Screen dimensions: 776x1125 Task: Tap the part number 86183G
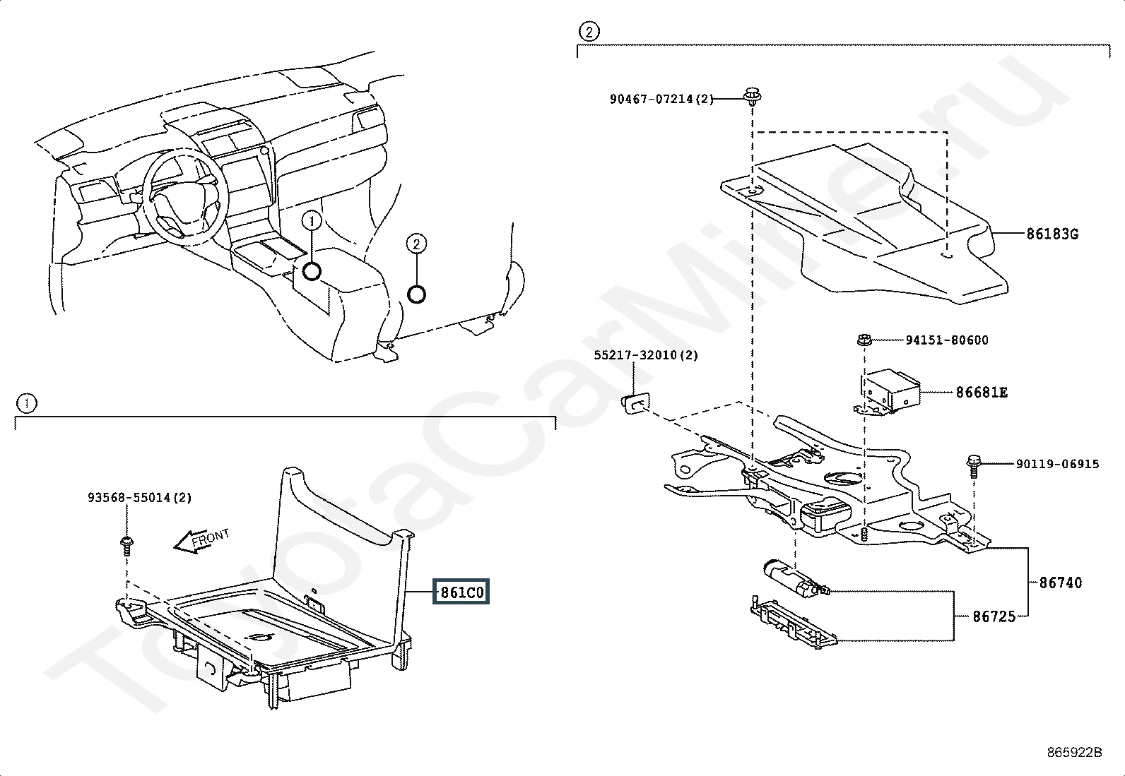(x=1052, y=234)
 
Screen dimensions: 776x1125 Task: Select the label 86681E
(x=982, y=392)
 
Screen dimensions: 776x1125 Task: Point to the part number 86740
(x=1060, y=583)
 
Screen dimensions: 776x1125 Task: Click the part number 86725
(x=994, y=616)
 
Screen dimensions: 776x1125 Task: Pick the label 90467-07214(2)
(x=661, y=100)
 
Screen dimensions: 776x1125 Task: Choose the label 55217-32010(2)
(x=645, y=355)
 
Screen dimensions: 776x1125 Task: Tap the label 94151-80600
(x=947, y=340)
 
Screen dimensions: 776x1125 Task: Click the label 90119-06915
(x=1057, y=464)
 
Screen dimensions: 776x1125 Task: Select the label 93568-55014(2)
(x=139, y=497)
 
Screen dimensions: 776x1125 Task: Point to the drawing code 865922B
(x=1074, y=753)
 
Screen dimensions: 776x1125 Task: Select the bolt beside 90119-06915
(x=974, y=465)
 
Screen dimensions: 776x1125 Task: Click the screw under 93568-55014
(x=127, y=543)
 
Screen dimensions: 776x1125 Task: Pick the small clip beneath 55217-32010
(x=634, y=402)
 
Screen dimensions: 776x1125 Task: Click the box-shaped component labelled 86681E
(x=890, y=389)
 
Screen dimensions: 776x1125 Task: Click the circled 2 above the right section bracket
(x=589, y=32)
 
